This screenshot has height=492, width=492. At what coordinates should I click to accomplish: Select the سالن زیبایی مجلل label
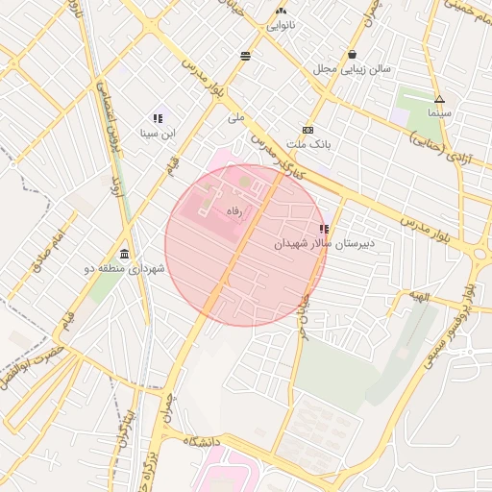[353, 70]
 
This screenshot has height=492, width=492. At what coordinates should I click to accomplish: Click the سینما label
[439, 113]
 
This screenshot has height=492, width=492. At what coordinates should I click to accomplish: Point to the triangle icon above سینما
[439, 99]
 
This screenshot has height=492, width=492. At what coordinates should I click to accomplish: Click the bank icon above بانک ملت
[307, 130]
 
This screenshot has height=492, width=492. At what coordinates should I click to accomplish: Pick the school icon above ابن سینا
[158, 119]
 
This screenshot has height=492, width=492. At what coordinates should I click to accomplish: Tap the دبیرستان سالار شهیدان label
[324, 244]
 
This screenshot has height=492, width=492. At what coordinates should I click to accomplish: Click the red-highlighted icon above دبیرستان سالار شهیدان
[324, 230]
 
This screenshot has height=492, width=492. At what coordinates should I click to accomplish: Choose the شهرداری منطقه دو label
[126, 269]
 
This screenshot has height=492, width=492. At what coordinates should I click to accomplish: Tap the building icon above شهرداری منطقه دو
[126, 254]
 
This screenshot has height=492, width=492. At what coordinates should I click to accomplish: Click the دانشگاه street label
[204, 441]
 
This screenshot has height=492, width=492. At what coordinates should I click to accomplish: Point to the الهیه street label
[419, 297]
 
